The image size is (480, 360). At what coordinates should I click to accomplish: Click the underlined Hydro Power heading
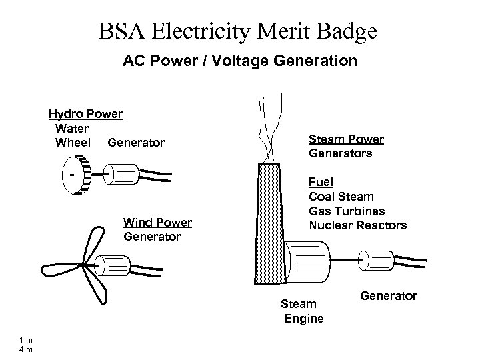[x=85, y=113]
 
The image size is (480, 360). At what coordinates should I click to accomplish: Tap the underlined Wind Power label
[x=158, y=223]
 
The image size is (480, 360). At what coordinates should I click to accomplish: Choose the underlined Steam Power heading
[x=346, y=140]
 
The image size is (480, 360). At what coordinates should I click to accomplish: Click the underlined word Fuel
[x=321, y=182]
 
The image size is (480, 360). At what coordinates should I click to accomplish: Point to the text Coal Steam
[x=341, y=197]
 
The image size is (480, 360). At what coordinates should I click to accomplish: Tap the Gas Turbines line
[x=347, y=211]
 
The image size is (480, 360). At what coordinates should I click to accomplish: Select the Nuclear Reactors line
[x=357, y=225]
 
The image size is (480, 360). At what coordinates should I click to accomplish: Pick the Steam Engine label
[x=303, y=311]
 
